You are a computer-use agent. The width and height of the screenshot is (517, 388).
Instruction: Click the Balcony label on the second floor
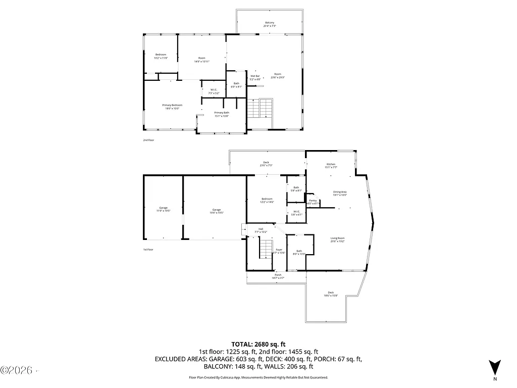270,24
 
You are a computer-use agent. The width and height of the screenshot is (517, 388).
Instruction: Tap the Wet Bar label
255,77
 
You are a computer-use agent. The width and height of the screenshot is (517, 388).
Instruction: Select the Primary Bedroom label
172,106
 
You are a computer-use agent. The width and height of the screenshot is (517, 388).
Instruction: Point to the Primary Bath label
222,114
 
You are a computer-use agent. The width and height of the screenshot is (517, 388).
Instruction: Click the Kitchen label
331,165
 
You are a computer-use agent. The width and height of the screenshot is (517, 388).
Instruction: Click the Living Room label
337,239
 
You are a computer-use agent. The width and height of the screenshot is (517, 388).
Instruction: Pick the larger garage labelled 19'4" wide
217,211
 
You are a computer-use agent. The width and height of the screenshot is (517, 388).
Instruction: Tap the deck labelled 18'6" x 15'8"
331,294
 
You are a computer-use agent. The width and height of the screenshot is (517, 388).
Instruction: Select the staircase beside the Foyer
266,249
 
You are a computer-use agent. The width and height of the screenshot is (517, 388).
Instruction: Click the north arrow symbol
495,366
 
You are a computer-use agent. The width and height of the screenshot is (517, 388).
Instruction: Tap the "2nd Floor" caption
148,140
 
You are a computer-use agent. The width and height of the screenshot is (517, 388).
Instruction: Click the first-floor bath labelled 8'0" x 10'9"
299,252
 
